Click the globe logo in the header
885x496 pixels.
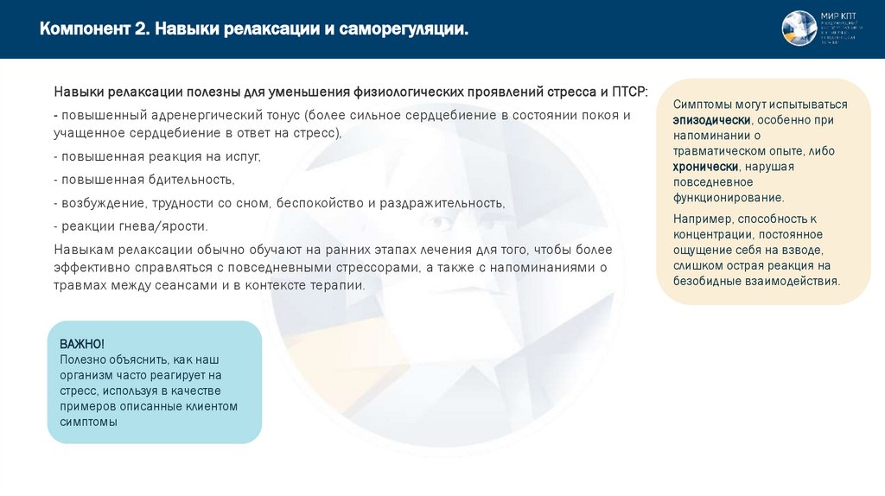click(x=799, y=29)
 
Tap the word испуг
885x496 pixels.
click(x=240, y=156)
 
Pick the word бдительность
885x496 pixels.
click(x=188, y=179)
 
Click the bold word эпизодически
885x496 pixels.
click(x=712, y=120)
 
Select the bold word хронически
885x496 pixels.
click(x=706, y=166)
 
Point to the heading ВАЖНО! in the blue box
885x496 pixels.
click(x=82, y=344)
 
